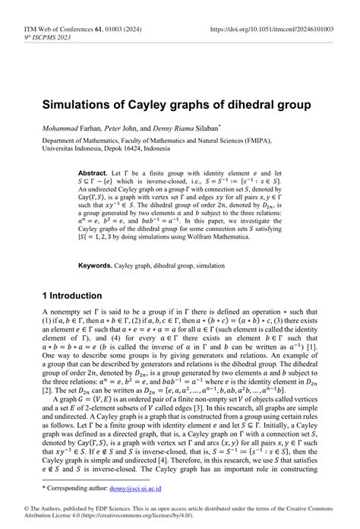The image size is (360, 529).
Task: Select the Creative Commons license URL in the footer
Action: point(150,514)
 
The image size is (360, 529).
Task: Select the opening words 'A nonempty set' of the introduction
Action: point(65,312)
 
